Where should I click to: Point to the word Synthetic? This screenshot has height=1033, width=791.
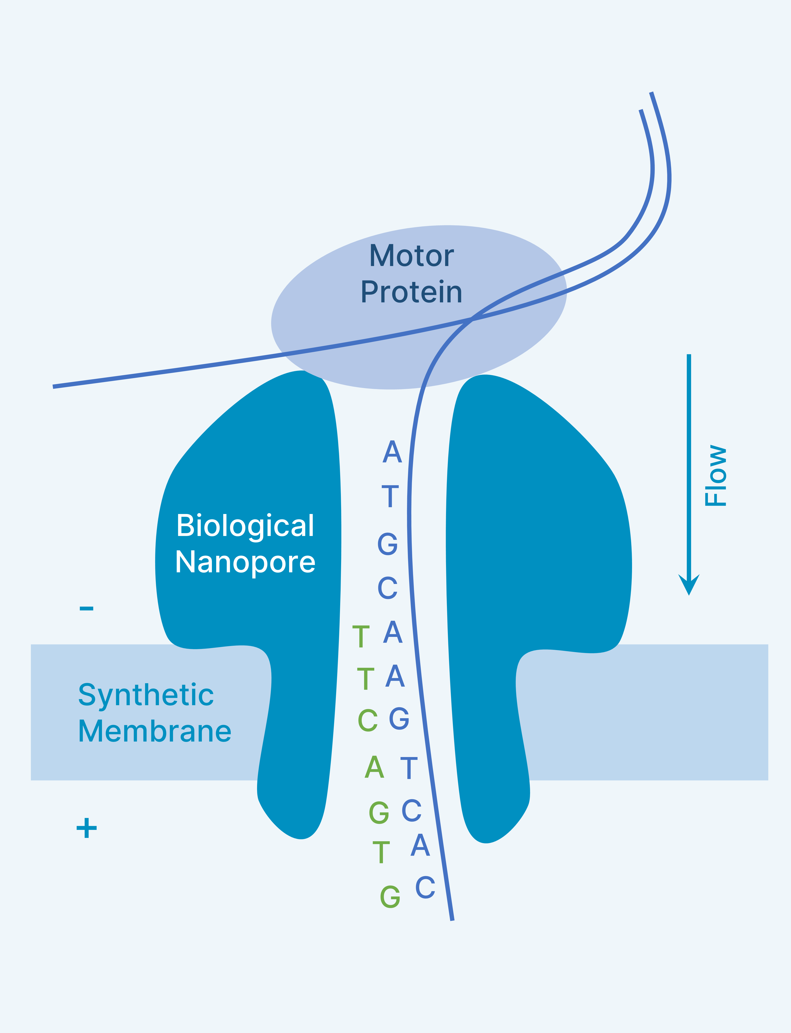[x=146, y=695]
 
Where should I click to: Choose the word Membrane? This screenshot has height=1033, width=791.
[x=154, y=731]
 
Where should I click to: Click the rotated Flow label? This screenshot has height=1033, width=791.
[x=716, y=476]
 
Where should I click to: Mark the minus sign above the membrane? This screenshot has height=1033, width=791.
[x=87, y=608]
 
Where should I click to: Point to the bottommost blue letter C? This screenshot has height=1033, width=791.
[x=425, y=887]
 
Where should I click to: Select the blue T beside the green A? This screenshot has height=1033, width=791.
[x=409, y=768]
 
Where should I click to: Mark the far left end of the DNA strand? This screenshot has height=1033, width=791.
[x=54, y=387]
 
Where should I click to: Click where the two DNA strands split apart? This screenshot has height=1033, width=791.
[x=472, y=319]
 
